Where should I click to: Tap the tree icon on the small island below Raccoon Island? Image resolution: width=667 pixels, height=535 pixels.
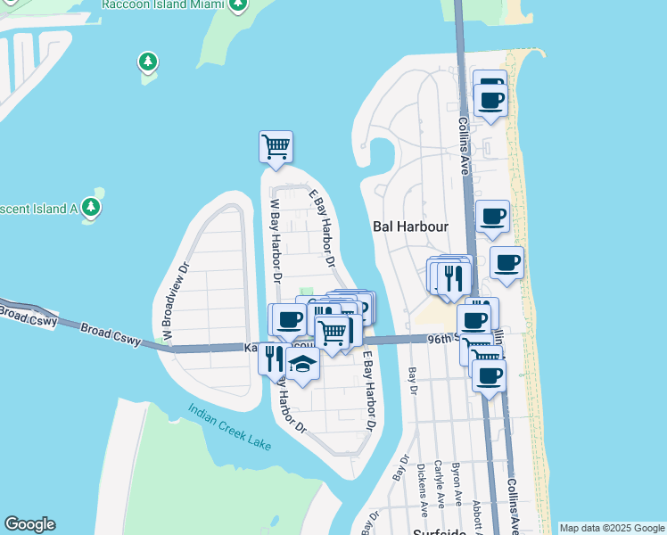148,62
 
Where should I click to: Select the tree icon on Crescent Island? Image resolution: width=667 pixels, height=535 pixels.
90,208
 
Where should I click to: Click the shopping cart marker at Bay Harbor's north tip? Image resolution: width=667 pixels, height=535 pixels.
276,145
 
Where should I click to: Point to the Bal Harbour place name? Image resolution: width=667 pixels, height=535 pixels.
409,226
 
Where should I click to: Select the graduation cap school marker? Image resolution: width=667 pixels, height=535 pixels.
302,365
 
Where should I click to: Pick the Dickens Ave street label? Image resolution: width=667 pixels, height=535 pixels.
422,485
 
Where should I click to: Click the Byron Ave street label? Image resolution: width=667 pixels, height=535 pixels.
457,487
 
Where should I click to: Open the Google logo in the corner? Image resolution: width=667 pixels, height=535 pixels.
29,524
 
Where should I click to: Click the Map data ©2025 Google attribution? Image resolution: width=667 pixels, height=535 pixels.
612,528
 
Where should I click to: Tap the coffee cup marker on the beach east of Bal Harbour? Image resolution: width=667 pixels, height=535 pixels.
506,263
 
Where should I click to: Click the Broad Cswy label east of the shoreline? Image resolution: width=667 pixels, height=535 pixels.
110,334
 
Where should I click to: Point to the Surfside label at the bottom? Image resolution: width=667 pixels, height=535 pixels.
441,531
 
